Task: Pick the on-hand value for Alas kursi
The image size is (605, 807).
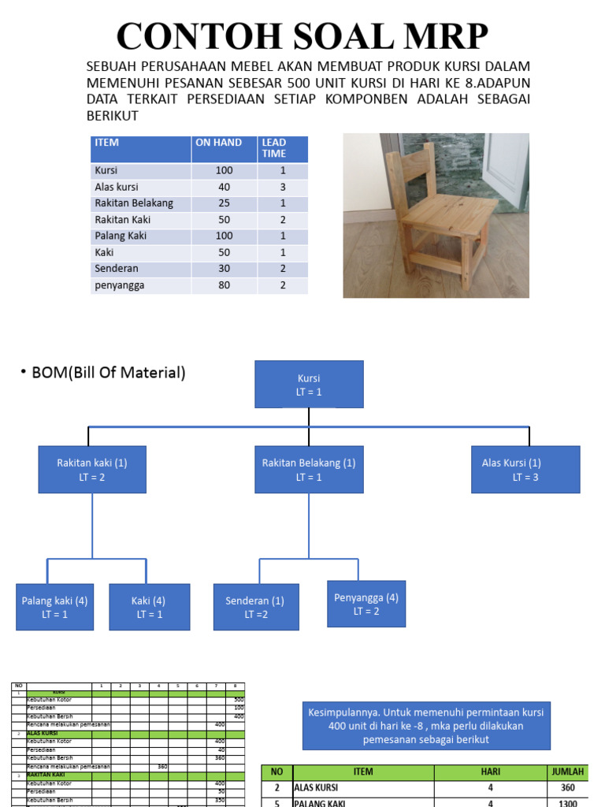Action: (x=224, y=188)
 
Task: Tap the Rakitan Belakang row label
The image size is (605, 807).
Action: (x=133, y=203)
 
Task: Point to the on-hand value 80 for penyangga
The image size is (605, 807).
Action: (x=224, y=285)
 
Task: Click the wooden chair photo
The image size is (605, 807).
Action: (x=436, y=215)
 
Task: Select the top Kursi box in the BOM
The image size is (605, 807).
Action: (x=310, y=384)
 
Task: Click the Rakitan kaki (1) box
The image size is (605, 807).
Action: (x=92, y=470)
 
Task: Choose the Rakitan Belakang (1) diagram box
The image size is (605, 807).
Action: (x=309, y=470)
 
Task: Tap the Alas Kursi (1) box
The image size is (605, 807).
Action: (x=525, y=470)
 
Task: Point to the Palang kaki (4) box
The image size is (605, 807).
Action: (x=54, y=607)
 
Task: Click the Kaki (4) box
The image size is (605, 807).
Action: (x=149, y=607)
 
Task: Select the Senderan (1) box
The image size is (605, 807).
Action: (x=256, y=607)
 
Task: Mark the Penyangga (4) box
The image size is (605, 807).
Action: (x=366, y=604)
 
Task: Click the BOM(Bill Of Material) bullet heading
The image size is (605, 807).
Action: (x=109, y=373)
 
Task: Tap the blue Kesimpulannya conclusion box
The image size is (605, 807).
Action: (x=426, y=725)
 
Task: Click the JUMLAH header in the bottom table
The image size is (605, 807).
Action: (x=568, y=772)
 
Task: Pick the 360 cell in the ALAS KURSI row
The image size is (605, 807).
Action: (x=568, y=787)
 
